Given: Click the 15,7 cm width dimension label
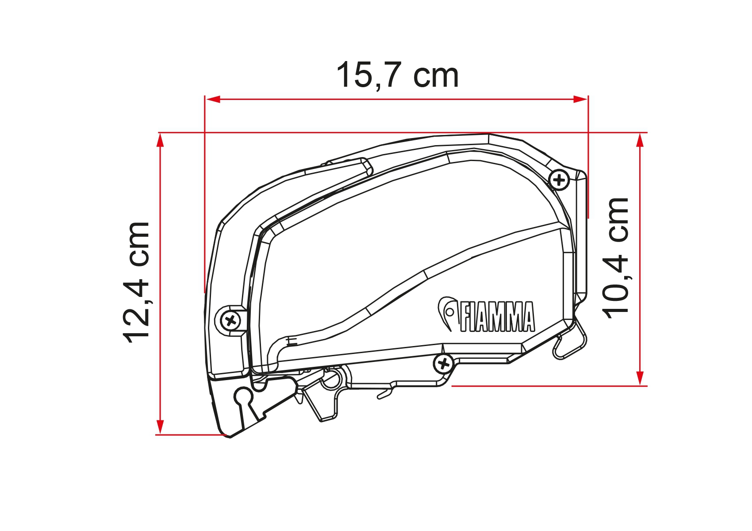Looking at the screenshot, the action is pyautogui.click(x=398, y=75).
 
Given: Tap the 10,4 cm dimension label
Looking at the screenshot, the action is pyautogui.click(x=616, y=258).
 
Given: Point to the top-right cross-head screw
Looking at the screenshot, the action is pyautogui.click(x=559, y=181).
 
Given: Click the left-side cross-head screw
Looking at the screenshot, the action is pyautogui.click(x=230, y=321).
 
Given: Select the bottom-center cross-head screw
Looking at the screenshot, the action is pyautogui.click(x=444, y=363).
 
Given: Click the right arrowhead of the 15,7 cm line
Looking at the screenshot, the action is pyautogui.click(x=580, y=99).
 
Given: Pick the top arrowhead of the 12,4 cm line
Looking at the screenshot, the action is pyautogui.click(x=161, y=140).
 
